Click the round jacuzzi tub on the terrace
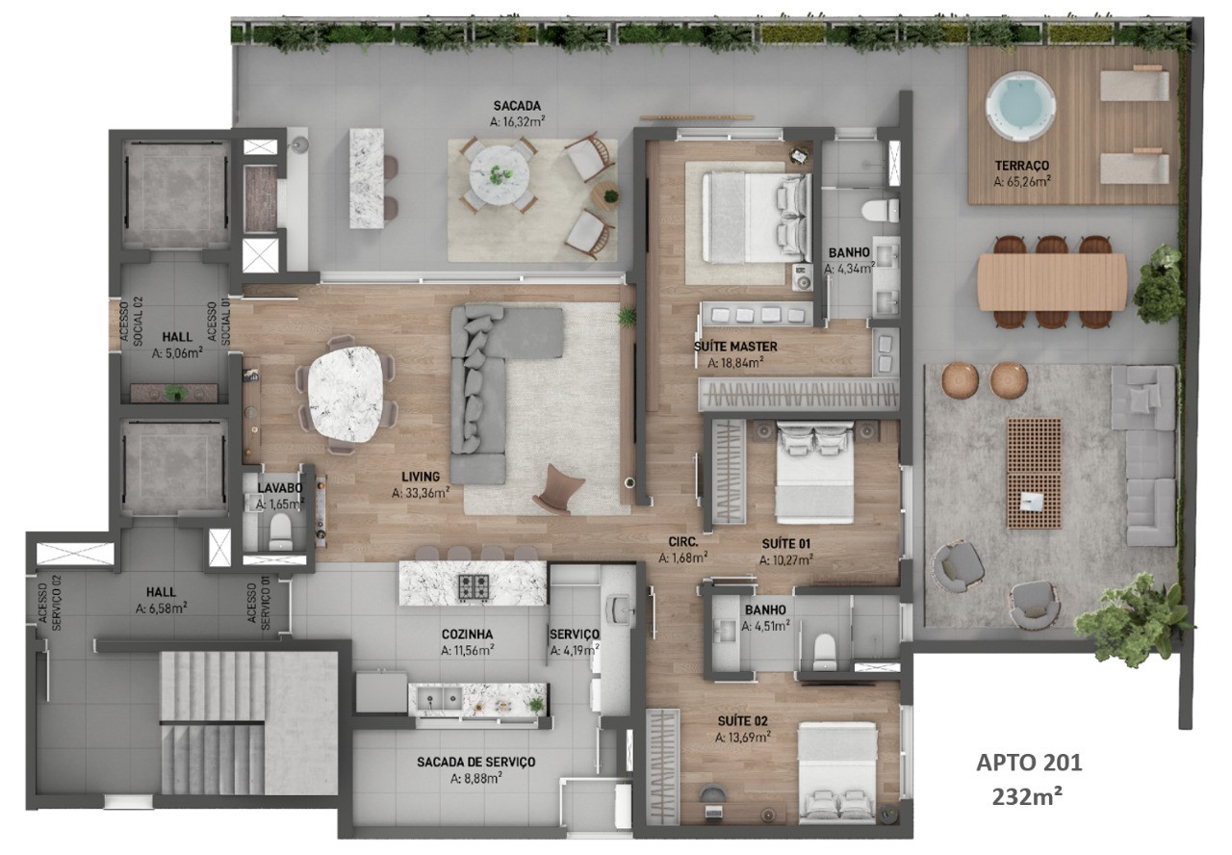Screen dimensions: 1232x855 1021,106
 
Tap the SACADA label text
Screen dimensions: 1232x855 517,106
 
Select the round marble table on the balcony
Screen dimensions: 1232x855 500,174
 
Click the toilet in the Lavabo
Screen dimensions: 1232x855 280,532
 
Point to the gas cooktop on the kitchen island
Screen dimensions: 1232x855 474,586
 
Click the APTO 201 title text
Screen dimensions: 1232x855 1029,763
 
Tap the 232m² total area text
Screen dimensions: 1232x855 1027,796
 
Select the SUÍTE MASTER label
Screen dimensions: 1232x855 735,347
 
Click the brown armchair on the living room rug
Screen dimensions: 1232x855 557,489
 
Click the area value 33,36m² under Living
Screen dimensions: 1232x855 421,493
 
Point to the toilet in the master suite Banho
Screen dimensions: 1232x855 880,211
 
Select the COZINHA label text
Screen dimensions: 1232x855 467,635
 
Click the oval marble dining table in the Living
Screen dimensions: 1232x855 345,394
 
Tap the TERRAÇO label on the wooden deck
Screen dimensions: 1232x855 1022,165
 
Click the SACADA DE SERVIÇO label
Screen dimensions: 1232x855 475,762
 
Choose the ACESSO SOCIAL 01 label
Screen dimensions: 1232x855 218,323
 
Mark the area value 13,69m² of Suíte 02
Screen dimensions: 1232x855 742,738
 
